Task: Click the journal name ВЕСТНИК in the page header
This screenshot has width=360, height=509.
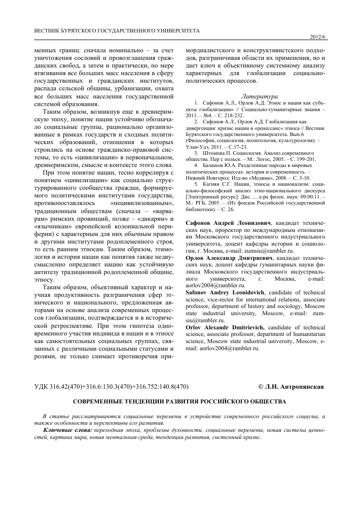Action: pos(50,30)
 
